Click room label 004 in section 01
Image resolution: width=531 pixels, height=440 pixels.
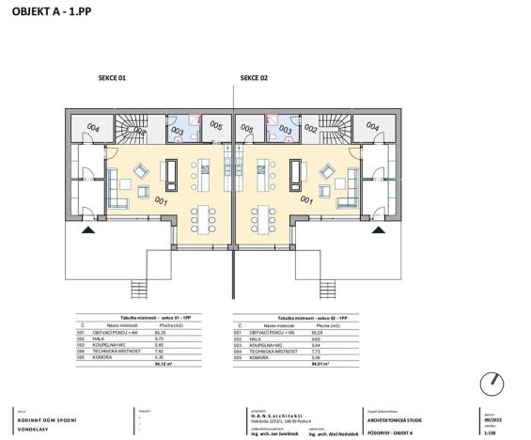93,127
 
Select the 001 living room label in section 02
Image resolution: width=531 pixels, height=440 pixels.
305,199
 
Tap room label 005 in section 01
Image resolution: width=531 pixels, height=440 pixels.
215,126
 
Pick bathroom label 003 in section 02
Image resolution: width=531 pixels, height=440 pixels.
287,129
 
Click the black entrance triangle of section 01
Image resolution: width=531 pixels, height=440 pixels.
88,228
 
